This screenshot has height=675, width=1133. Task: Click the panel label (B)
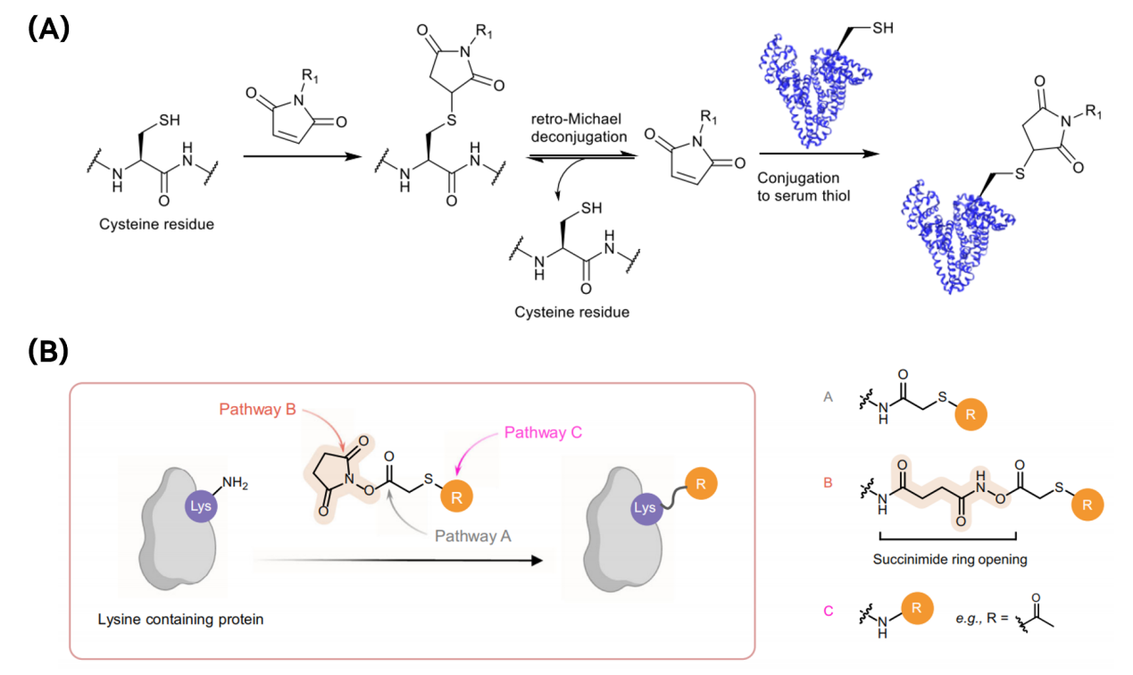point(48,351)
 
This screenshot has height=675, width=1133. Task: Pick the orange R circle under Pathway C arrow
point(457,496)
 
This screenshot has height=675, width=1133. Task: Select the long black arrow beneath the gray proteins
point(397,561)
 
